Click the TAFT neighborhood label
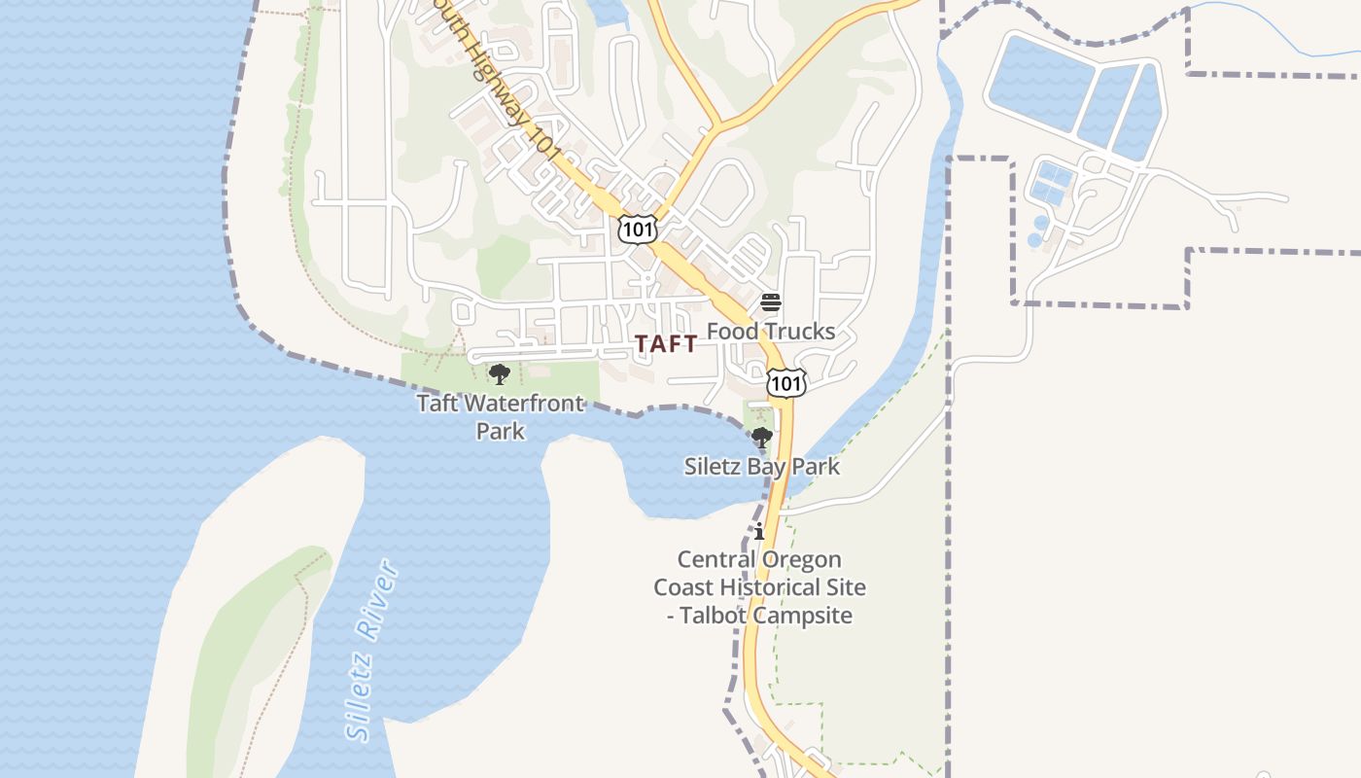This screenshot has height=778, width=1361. (666, 343)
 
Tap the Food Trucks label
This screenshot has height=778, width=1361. (770, 331)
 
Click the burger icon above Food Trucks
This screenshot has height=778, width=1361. (771, 301)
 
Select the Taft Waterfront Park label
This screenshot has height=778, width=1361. (501, 416)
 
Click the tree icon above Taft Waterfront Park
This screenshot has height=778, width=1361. (500, 374)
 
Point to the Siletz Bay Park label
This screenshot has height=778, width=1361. (761, 466)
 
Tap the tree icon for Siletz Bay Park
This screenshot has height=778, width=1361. (762, 437)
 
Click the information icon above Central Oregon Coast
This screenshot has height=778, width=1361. (759, 532)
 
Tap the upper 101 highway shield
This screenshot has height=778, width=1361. (637, 230)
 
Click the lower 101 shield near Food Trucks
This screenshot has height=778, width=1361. (785, 383)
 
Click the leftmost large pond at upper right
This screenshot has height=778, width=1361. (1038, 84)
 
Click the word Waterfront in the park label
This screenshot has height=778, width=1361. (528, 403)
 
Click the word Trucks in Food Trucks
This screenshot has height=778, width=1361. (800, 331)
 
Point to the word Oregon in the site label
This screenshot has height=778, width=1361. (800, 560)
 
